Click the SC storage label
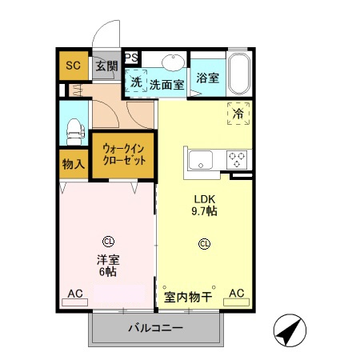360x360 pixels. tap(73, 65)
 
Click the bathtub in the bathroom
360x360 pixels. tap(239, 74)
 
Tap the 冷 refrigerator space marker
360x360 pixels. tap(238, 114)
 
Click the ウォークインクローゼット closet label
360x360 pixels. tap(122, 154)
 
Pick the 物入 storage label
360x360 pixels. tap(73, 165)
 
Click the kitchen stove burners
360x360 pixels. tap(238, 158)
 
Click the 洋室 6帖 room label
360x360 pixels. tap(106, 265)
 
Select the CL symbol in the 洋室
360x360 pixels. tap(106, 239)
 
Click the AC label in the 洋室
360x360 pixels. tap(74, 294)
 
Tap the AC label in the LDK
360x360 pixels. tap(237, 294)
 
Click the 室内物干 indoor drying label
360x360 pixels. tap(187, 297)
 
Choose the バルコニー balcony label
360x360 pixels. tap(156, 329)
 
